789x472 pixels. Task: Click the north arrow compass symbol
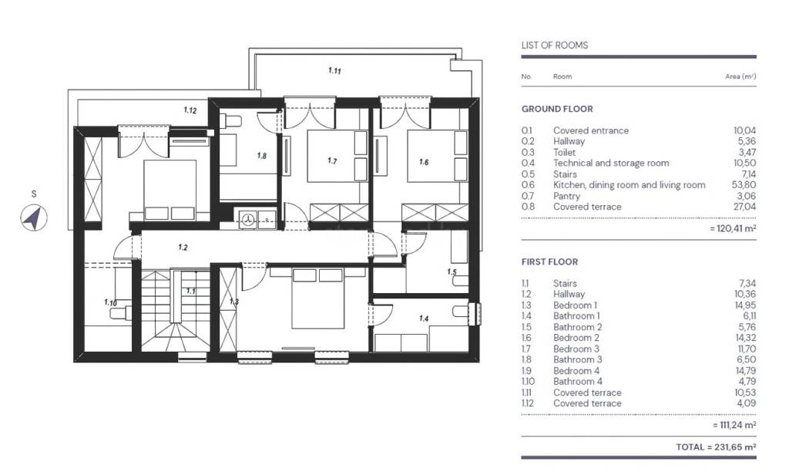[x=34, y=218]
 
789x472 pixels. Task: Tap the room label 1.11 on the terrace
[x=334, y=70]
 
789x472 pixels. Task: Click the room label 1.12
[x=190, y=110]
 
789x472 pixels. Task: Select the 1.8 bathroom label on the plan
[x=262, y=156]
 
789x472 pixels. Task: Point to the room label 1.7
[x=332, y=160]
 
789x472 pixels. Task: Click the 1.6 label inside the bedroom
[x=424, y=162]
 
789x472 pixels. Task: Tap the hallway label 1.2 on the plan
[x=183, y=248]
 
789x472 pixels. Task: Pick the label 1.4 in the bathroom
[x=424, y=319]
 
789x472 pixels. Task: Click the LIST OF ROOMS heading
[x=555, y=46]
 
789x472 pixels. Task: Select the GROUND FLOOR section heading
[x=557, y=109]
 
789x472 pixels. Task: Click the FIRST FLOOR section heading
[x=549, y=262]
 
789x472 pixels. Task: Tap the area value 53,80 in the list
[x=744, y=185]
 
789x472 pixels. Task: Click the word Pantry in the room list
[x=566, y=196]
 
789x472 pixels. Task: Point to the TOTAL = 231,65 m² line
[x=716, y=447]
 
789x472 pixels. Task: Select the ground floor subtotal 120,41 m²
[x=733, y=228]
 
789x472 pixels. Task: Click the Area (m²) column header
[x=740, y=76]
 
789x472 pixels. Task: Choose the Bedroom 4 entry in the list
[x=576, y=370]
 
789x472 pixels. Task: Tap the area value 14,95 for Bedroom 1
[x=745, y=305]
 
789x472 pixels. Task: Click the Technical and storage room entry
[x=611, y=163]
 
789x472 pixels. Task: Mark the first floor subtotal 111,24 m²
[x=734, y=425]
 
